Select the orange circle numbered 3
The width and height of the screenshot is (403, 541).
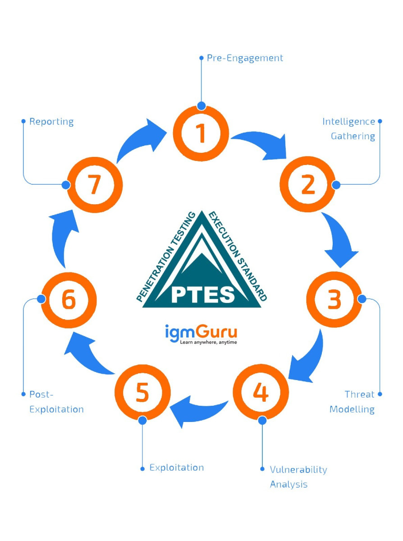coord(334,300)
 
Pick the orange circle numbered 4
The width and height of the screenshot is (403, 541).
coord(261,392)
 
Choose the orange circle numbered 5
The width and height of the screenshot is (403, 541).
coord(142,392)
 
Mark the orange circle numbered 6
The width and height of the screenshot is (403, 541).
coord(69,300)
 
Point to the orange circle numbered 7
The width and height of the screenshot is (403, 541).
coord(94,185)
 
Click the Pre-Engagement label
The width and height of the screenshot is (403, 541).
coord(245,58)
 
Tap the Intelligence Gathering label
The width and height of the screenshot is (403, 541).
coord(348,129)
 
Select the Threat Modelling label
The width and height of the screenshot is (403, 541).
coord(352,402)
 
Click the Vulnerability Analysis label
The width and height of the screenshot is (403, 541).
coord(298,477)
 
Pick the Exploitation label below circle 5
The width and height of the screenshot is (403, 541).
coord(177,468)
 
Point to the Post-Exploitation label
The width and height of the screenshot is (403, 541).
coord(56,402)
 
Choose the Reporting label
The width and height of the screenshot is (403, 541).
coord(51,122)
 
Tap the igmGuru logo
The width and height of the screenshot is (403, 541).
coord(201,333)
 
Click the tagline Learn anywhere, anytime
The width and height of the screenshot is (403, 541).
coord(208,343)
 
